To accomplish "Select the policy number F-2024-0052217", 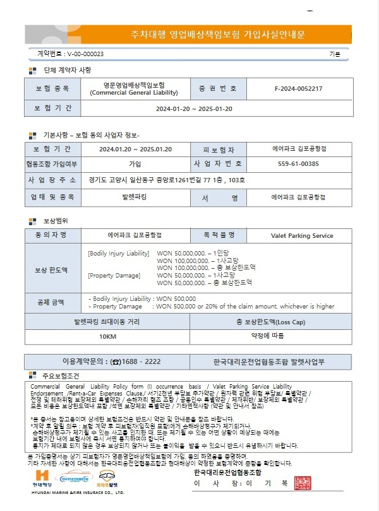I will tap(298, 88).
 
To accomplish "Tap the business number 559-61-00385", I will tap(298, 164).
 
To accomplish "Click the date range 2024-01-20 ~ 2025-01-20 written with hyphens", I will tap(194, 109).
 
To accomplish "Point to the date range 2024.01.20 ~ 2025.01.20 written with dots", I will tap(135, 150).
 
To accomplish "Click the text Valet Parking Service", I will tap(301, 235).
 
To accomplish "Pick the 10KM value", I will tap(107, 336).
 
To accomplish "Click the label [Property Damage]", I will tap(111, 275).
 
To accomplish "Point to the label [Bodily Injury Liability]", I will tap(118, 253).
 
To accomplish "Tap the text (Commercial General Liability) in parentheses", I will tap(134, 92).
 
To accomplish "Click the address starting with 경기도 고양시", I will tap(167, 180).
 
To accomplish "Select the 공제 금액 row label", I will tap(54, 302).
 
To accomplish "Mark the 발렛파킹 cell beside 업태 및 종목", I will tap(134, 197).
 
